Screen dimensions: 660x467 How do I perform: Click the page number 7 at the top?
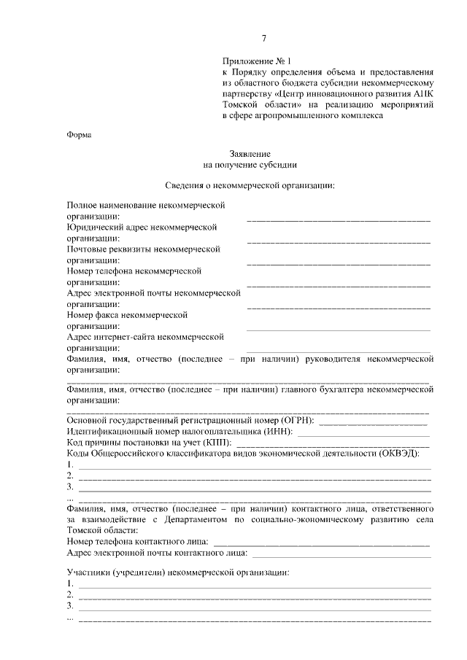tap(264, 39)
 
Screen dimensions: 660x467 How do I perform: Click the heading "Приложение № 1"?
tap(252, 62)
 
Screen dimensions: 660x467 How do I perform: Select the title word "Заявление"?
tap(250, 154)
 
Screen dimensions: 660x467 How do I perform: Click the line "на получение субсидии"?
tap(250, 165)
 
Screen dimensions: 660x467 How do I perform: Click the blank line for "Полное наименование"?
tap(339, 219)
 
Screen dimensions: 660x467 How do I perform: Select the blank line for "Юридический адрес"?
tap(339, 240)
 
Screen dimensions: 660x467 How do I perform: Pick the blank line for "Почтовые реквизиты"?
tap(339, 261)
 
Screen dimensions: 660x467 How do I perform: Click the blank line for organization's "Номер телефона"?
tap(339, 283)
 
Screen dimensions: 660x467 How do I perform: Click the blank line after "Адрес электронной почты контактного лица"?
tap(339, 554)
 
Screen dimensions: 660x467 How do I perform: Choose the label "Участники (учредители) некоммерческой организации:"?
tap(178, 572)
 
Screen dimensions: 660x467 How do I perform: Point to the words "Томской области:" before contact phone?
tap(101, 530)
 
